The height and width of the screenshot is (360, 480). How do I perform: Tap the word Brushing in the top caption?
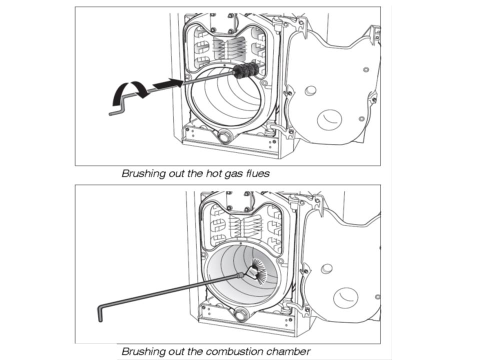point(143,174)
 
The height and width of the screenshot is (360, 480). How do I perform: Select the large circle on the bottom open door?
point(346,297)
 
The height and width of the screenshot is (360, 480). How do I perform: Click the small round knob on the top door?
point(310,90)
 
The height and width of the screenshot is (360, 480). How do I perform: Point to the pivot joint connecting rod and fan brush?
point(242,274)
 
